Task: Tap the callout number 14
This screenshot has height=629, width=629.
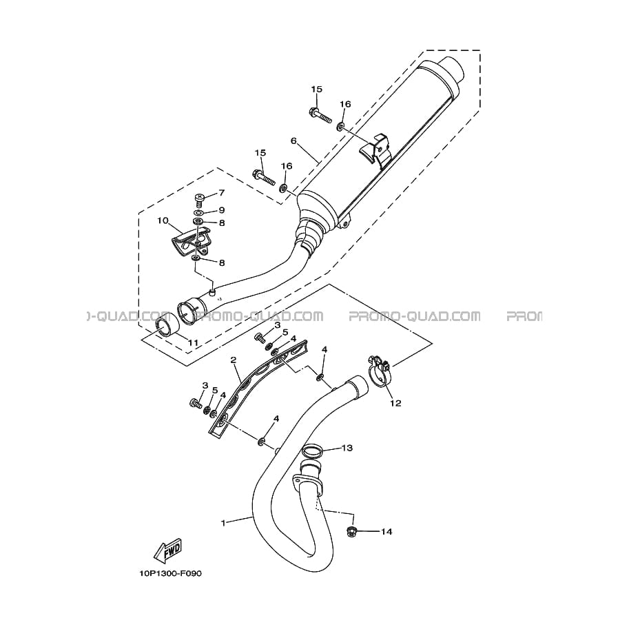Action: (x=386, y=532)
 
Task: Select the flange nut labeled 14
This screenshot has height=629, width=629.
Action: (x=351, y=532)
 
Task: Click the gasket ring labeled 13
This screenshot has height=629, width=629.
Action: (x=312, y=452)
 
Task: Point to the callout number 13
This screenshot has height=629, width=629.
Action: (x=347, y=447)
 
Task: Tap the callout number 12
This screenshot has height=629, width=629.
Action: (x=395, y=403)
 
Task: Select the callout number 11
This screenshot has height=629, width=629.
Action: (x=194, y=343)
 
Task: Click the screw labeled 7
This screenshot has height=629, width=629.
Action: (x=199, y=200)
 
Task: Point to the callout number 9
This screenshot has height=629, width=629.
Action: (x=221, y=210)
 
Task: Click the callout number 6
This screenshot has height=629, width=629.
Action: (x=293, y=141)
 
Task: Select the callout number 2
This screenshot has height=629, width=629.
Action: (x=234, y=360)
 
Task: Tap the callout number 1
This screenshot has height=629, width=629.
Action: (x=223, y=523)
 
